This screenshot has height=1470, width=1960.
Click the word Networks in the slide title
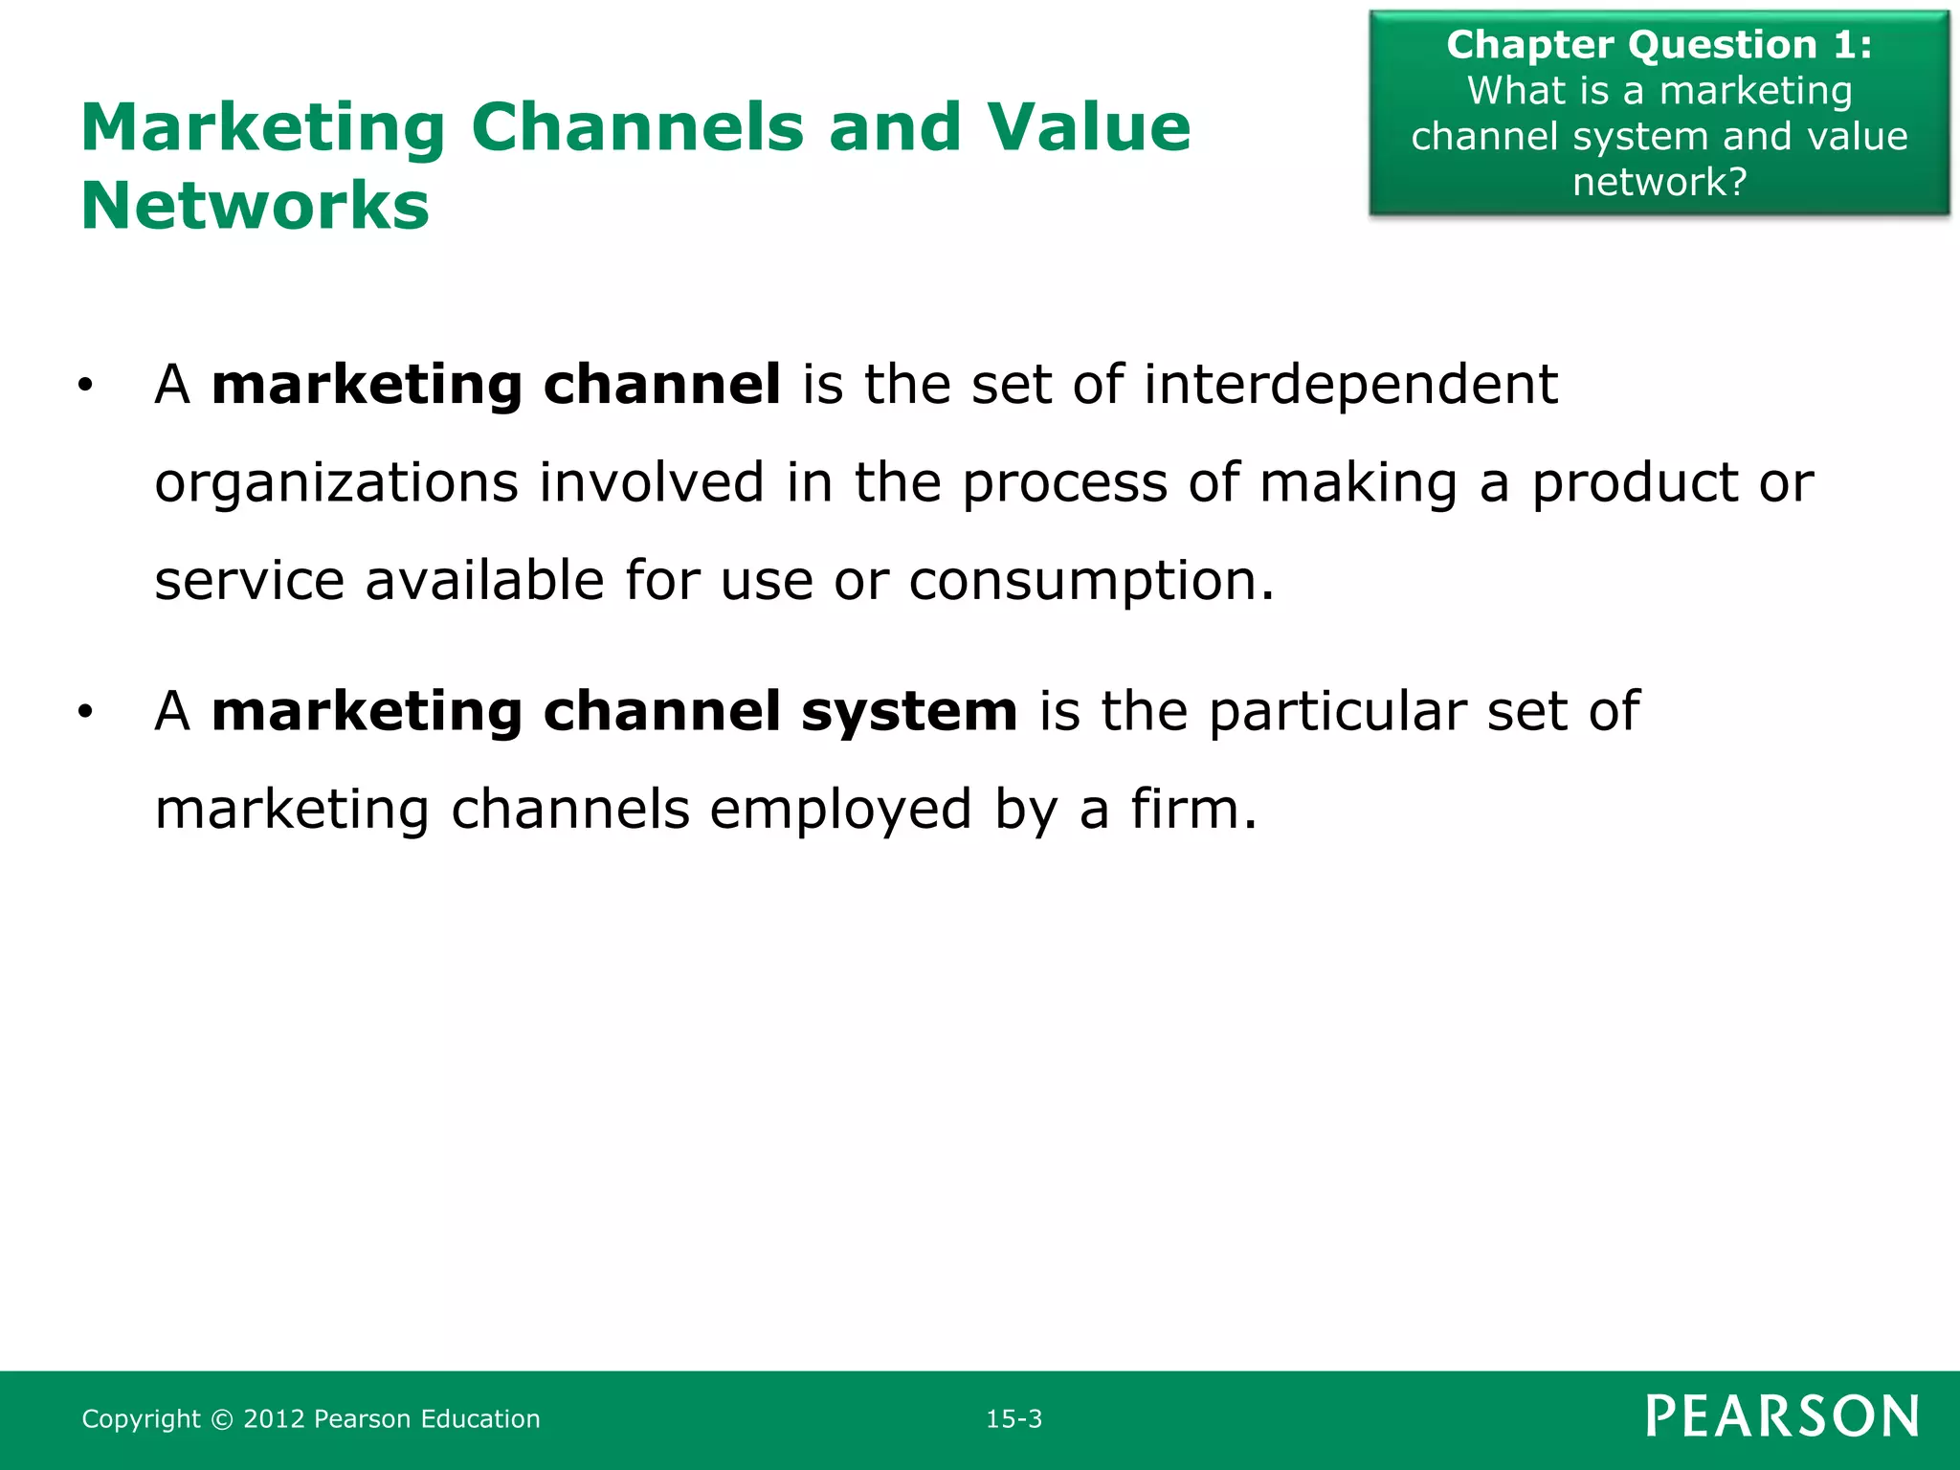256,206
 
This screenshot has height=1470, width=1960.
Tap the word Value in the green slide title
1089,127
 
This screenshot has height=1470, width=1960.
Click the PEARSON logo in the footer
1782,1416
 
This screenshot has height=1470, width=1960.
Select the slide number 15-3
1013,1418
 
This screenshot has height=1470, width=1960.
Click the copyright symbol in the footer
221,1419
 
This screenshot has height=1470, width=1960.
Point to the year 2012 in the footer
274,1418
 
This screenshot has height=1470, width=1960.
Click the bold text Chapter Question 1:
1659,44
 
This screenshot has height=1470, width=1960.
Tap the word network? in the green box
1659,182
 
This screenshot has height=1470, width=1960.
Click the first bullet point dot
86,386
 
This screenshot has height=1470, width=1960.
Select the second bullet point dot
86,712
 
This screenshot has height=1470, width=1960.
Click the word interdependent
1350,385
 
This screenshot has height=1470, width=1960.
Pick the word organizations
337,483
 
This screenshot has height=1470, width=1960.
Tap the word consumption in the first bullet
1082,581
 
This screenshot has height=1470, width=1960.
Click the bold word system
909,713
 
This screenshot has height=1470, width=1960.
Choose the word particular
1337,712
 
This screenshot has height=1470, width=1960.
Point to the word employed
840,811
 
